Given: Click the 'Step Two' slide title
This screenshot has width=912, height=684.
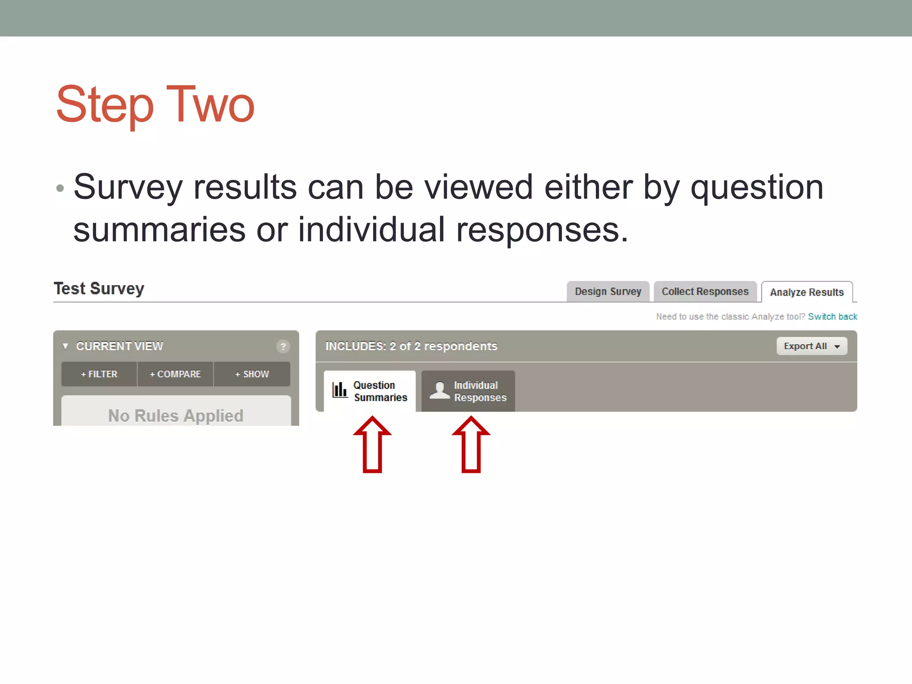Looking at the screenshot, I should point(155,105).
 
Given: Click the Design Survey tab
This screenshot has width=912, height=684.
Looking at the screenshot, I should point(608,292).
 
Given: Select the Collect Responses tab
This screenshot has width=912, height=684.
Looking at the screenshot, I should point(705,292).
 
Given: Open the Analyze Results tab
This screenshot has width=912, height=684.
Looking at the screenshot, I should point(806,292).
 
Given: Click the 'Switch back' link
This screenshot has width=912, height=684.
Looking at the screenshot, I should point(832,317).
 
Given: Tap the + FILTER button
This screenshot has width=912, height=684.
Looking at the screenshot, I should point(99,374).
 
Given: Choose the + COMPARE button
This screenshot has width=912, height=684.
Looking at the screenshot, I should point(175,374).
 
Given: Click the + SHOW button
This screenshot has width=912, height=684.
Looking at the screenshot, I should point(252,374).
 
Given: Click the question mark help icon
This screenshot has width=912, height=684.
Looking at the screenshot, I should point(283,346).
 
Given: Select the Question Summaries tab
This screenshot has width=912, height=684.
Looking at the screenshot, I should point(370,391).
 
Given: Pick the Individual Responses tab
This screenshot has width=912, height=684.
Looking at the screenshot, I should point(468,391).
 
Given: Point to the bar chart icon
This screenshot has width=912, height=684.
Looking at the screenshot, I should point(340,390).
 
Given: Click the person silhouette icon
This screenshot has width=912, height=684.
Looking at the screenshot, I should point(440,390).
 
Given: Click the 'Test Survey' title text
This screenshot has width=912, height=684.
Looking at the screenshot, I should point(99,289).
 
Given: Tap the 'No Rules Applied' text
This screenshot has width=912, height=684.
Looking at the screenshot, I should point(176,415).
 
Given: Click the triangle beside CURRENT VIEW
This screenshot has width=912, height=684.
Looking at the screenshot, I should point(65,346).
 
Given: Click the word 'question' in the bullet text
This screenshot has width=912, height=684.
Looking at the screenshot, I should point(757,187).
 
